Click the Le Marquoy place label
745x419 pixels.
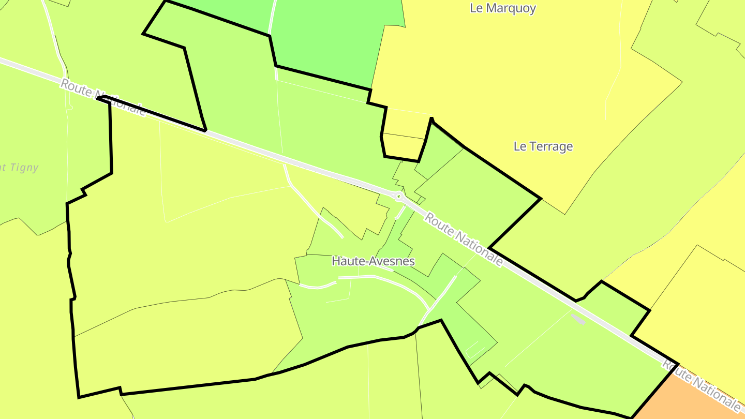coord(503,8)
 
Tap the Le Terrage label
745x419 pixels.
coord(543,146)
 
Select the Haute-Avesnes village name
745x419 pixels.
coord(373,261)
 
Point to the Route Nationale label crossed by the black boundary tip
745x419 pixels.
coord(103,97)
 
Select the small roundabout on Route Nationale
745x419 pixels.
coord(398,197)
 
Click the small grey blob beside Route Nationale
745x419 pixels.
coord(578,319)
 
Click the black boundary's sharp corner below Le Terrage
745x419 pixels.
coord(541,198)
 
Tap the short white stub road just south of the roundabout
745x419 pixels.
coord(400,212)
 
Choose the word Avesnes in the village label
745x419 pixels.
coord(393,261)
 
